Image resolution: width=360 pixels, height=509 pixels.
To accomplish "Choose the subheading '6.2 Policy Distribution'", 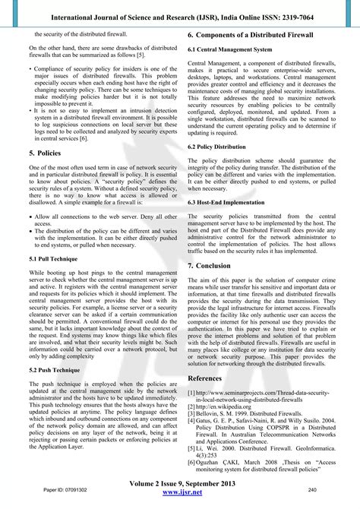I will coord(219,145).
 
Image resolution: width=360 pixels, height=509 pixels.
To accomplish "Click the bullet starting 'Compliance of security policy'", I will coord(96,68).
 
